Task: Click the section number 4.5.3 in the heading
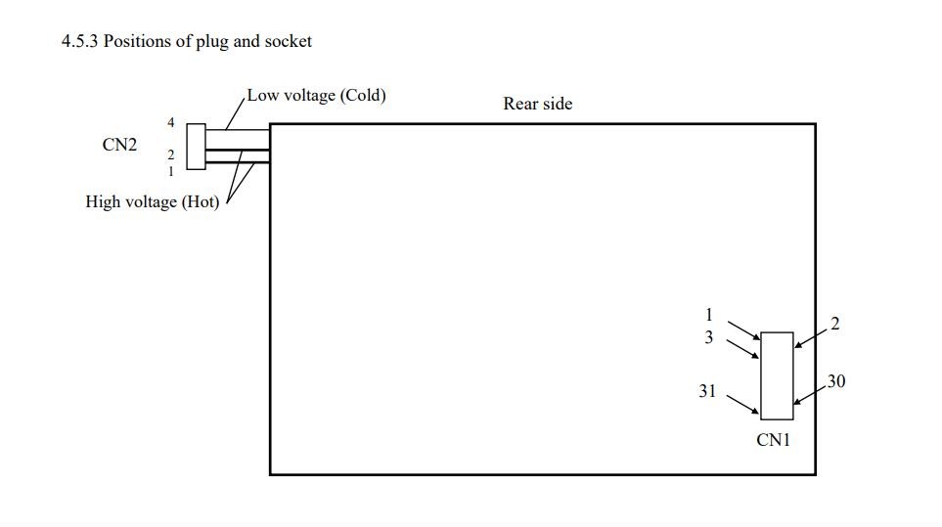pyautogui.click(x=79, y=41)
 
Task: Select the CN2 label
pyautogui.click(x=119, y=145)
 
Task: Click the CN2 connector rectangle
pyautogui.click(x=196, y=147)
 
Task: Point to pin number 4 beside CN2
pyautogui.click(x=170, y=122)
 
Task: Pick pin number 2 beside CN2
pyautogui.click(x=170, y=154)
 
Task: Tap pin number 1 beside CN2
pyautogui.click(x=170, y=172)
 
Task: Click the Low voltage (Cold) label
pyautogui.click(x=317, y=96)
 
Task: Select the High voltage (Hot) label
pyautogui.click(x=153, y=201)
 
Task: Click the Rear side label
pyautogui.click(x=538, y=104)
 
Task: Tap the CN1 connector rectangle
pyautogui.click(x=777, y=375)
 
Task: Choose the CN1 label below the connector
pyautogui.click(x=773, y=440)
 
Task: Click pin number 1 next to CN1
pyautogui.click(x=709, y=315)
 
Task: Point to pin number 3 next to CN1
pyautogui.click(x=709, y=337)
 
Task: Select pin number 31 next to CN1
pyautogui.click(x=707, y=391)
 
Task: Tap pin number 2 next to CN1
pyautogui.click(x=835, y=325)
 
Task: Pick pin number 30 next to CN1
pyautogui.click(x=836, y=381)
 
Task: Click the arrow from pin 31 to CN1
pyautogui.click(x=743, y=405)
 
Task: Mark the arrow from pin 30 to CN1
pyautogui.click(x=809, y=395)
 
